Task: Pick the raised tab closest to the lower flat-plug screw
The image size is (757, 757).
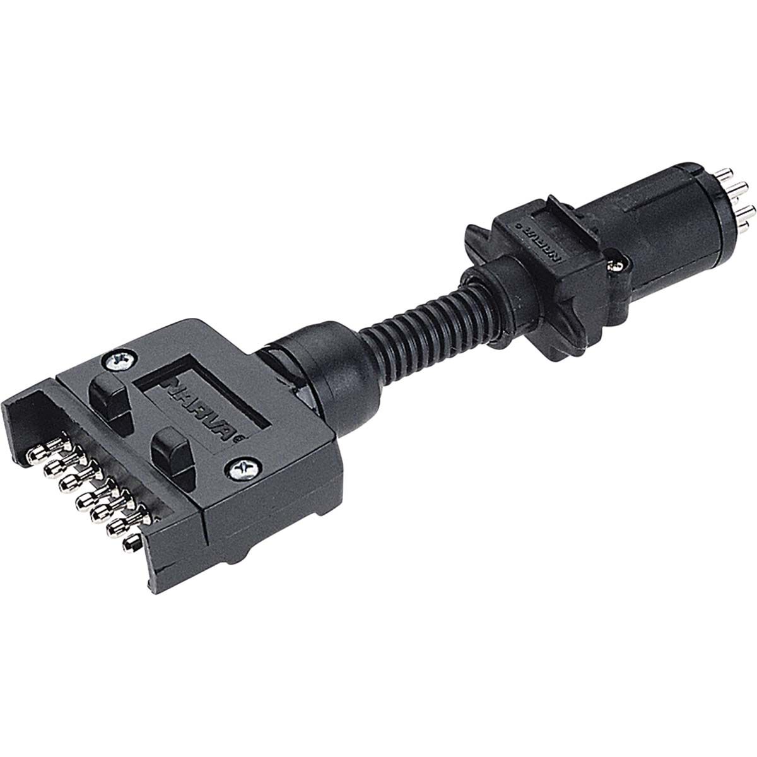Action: point(168,450)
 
